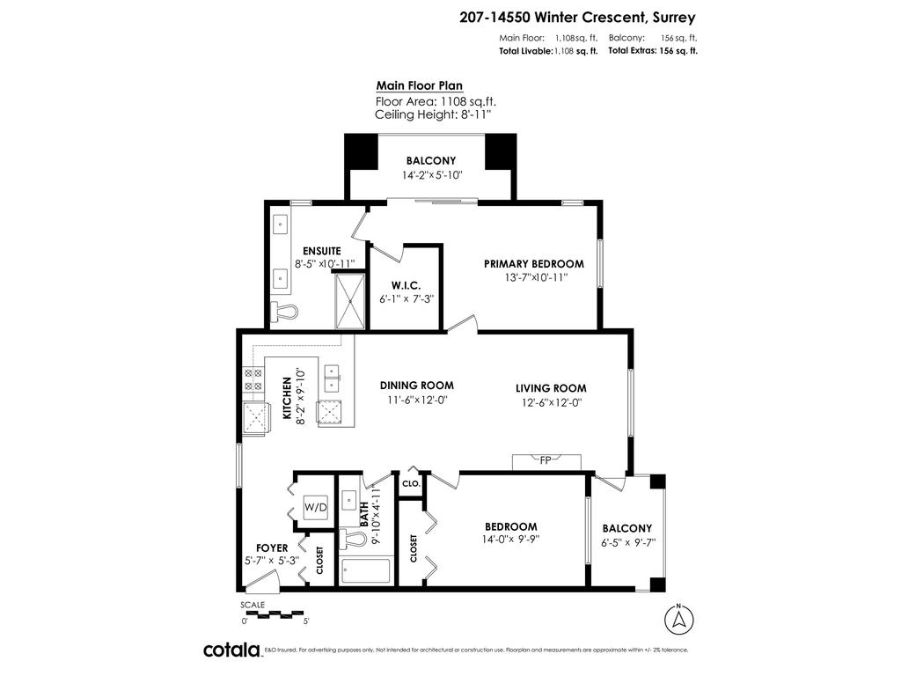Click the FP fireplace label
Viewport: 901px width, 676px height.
546,460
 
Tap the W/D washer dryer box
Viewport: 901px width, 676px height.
315,508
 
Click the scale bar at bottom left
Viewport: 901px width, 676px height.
272,614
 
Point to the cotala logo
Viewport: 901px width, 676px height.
231,650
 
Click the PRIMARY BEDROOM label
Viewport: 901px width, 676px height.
534,263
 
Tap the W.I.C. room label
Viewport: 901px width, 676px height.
406,286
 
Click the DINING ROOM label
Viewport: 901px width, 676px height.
417,386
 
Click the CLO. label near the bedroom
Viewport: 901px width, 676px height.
411,484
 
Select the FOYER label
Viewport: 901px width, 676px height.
272,547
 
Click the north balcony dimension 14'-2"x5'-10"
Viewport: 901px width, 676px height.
431,175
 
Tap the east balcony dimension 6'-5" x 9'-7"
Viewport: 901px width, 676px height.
627,543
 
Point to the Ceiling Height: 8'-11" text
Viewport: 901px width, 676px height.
432,114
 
